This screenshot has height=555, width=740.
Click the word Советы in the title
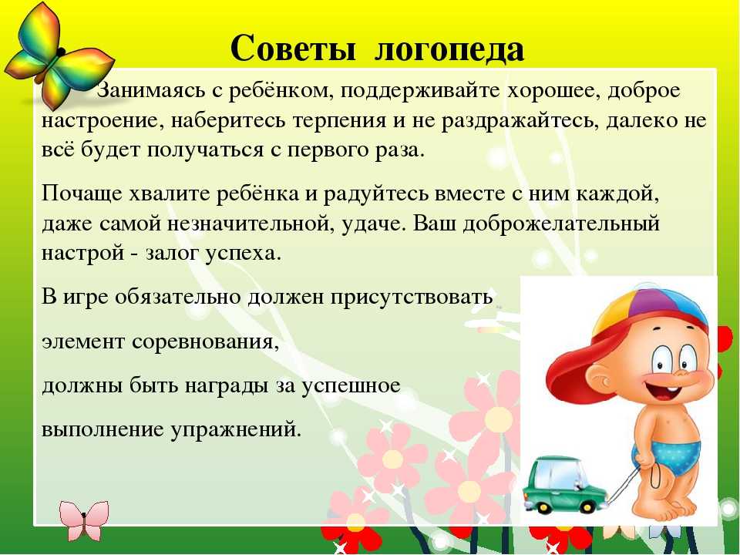293,48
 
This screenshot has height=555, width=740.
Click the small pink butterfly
84,520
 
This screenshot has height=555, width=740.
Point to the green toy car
564,484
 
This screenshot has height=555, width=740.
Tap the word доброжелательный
560,224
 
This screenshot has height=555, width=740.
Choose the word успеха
244,254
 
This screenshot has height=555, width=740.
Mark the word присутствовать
412,298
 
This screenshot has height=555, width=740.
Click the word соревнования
206,342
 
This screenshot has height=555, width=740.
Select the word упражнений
236,430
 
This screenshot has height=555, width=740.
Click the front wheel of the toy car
542,506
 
